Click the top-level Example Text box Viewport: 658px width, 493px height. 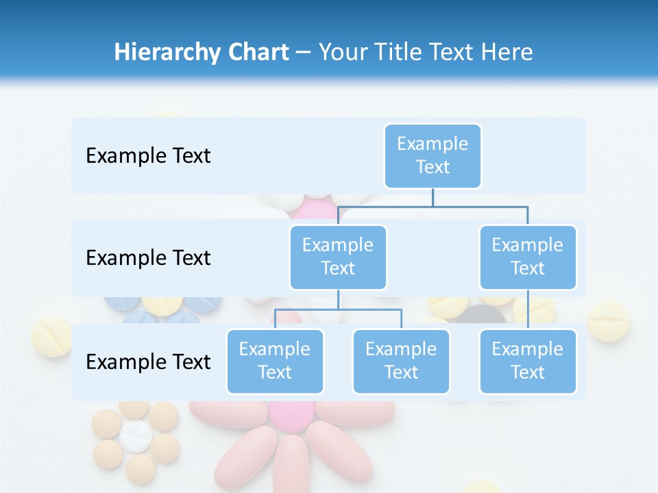coord(432,155)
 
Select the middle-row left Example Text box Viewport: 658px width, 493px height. coord(338,257)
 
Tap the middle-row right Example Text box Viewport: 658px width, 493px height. coord(528,257)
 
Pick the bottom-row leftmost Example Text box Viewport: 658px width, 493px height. coord(275,361)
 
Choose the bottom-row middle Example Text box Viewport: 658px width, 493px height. coord(401,361)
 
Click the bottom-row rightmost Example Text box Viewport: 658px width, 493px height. coord(528,361)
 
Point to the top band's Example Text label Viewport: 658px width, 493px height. coord(148,155)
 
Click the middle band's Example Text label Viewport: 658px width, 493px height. coord(148,257)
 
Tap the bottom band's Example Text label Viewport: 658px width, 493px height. coord(148,362)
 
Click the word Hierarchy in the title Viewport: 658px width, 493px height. coord(167,52)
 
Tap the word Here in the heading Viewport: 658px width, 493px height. coord(507,52)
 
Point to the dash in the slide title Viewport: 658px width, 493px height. coord(304,52)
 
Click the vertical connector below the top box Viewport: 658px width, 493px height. coord(432,197)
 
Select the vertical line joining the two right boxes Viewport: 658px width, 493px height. coord(528,309)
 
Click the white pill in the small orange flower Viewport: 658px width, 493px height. coord(136,436)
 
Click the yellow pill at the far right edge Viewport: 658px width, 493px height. coord(609,320)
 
